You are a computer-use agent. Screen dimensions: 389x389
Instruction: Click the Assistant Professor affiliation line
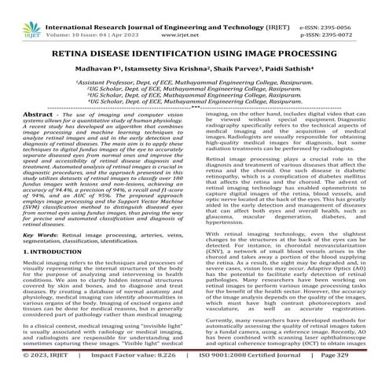[195, 83]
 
